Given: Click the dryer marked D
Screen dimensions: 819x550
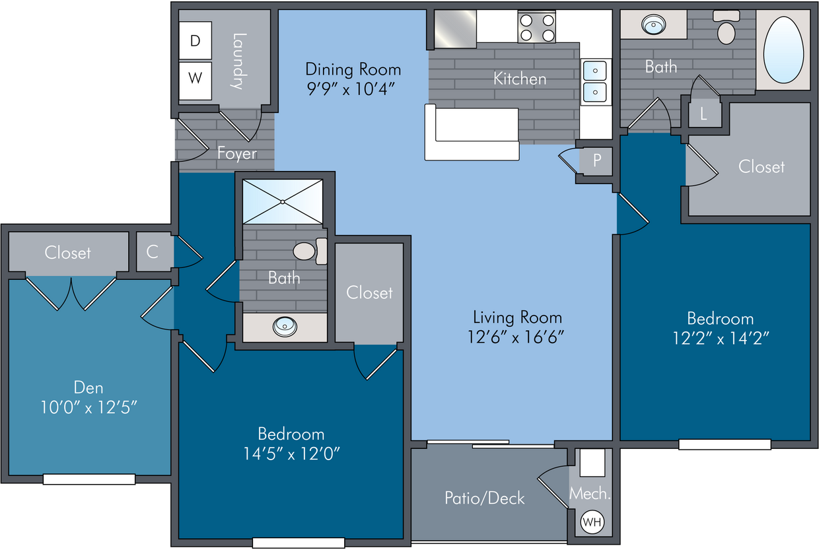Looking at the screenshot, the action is tap(196, 40).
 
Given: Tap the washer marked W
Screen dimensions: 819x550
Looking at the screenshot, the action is tap(196, 81).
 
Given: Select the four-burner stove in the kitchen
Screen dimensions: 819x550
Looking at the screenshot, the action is tap(537, 26).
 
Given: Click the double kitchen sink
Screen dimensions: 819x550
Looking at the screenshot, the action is tap(595, 81).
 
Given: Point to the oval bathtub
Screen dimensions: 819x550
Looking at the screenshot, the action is tap(783, 50).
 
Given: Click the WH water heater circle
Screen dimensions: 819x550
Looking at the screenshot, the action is tap(592, 522).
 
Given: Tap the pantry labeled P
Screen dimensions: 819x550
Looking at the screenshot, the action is tap(596, 160).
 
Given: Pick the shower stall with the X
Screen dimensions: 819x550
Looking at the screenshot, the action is tap(283, 202).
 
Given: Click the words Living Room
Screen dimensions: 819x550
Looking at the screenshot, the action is tap(517, 318).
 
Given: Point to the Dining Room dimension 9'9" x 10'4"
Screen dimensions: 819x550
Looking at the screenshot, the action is tap(351, 88).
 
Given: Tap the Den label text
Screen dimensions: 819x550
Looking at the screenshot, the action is tap(89, 388).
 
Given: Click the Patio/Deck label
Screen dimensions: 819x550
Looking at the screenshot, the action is tap(484, 498).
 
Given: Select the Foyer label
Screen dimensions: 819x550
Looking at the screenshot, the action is tap(237, 153).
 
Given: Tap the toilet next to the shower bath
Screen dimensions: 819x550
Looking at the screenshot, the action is tap(310, 252).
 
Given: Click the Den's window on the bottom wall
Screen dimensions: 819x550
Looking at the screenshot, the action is tap(89, 479).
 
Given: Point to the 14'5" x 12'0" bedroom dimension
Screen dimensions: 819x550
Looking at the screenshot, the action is tap(292, 454).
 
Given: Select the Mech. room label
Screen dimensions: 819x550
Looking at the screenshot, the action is tap(590, 494).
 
